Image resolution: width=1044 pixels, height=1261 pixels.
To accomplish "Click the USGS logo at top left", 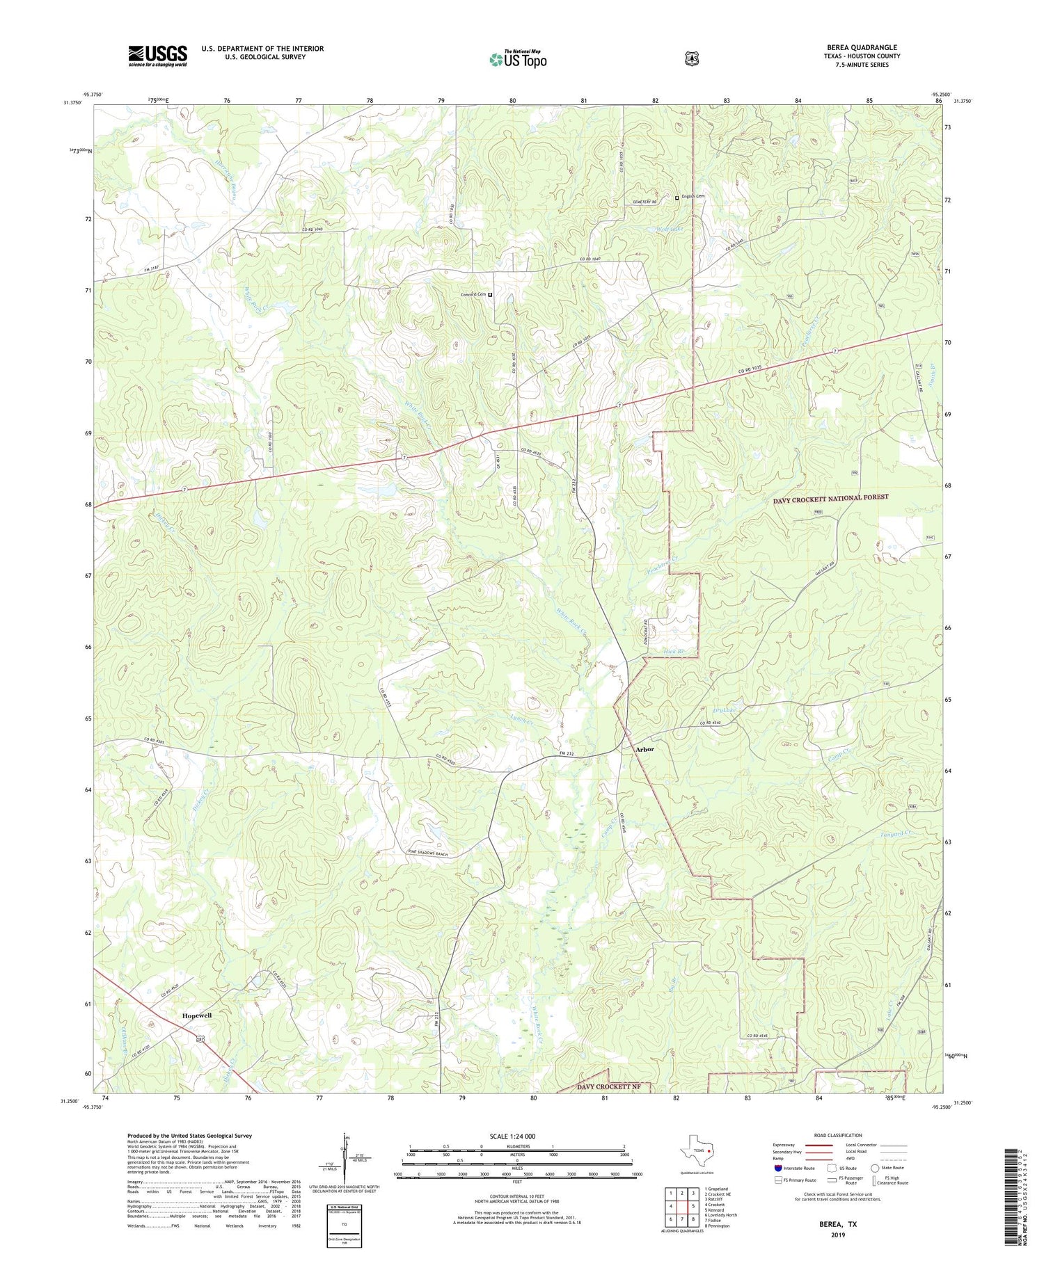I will (x=157, y=56).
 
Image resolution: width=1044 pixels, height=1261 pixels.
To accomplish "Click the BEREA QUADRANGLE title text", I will (x=861, y=47).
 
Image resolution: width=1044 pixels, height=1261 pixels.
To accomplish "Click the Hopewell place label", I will (x=196, y=1015).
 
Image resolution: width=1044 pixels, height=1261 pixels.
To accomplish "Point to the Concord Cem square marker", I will (x=490, y=295).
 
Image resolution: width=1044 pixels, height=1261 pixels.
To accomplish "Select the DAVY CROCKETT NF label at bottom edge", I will (x=609, y=1086).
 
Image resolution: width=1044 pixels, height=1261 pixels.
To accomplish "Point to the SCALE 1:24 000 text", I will (x=512, y=1136).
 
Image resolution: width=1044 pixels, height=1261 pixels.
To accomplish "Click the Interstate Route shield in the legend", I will (x=777, y=1168).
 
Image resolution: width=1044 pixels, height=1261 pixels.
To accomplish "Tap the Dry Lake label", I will (x=724, y=710).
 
